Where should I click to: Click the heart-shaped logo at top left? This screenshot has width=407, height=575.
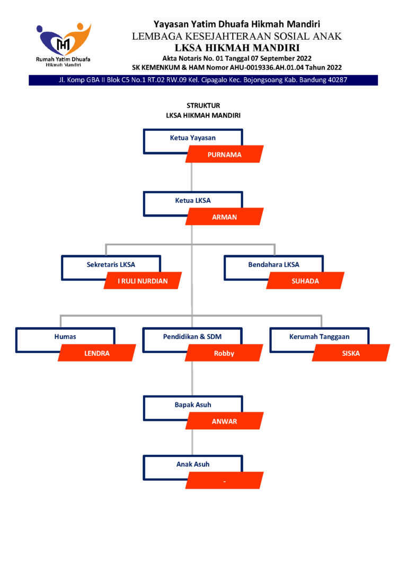64,39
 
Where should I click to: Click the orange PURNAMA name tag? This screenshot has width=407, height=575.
225,155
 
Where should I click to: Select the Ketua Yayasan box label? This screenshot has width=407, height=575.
193,138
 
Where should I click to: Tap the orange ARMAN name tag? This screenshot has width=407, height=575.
225,217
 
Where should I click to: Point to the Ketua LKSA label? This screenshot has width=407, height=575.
193,201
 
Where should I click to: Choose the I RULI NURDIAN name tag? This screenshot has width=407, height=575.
143,281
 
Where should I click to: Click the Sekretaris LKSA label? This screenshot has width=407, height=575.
111,264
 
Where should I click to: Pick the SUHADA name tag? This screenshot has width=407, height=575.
305,281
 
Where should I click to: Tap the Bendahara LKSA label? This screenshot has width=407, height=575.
274,264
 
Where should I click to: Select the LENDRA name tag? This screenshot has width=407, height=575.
97,353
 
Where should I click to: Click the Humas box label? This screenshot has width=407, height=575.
65,337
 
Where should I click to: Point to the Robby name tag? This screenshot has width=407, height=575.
224,353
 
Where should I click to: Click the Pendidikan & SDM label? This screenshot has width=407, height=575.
192,337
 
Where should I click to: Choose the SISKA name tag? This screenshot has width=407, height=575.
351,353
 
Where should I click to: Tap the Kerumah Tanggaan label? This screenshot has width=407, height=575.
319,337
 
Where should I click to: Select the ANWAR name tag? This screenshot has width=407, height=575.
225,421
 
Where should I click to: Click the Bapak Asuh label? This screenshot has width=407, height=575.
193,405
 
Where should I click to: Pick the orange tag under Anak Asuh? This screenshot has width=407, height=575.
225,480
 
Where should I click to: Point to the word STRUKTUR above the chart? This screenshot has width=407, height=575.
203,105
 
